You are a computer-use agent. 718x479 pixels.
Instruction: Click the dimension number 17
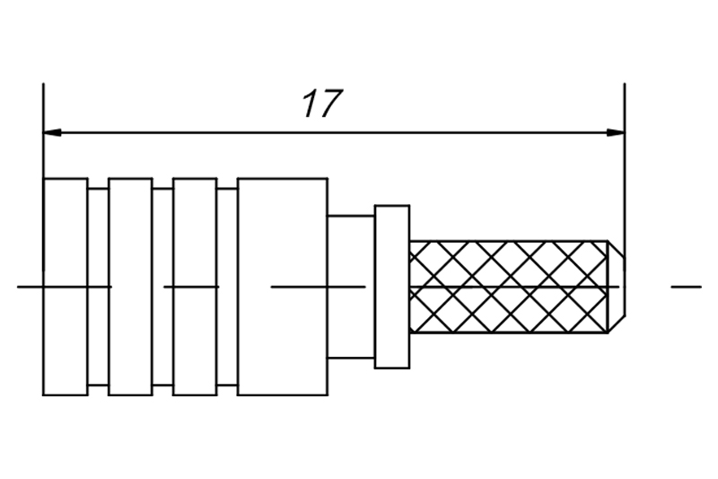[322, 104]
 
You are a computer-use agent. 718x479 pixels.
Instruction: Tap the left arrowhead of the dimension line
[52, 133]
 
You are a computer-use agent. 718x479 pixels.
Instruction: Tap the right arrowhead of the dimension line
[616, 133]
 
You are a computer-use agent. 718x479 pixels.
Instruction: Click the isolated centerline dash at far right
[687, 287]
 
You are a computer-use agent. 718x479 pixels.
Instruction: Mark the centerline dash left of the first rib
[30, 287]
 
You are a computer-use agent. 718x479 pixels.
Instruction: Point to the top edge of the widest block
[282, 178]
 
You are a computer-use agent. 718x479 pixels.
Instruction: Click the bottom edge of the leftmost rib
[66, 395]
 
